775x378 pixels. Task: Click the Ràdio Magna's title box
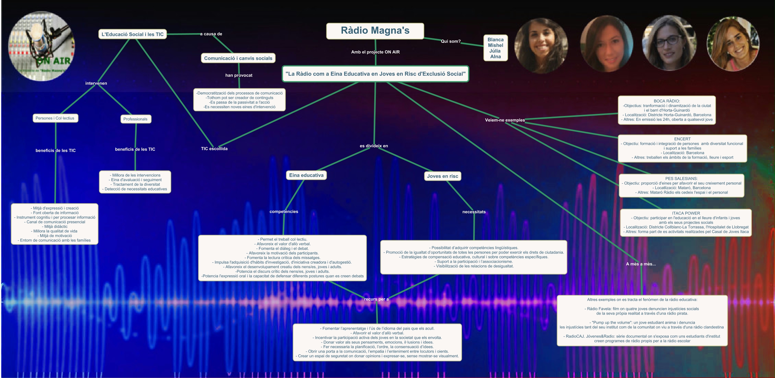pyautogui.click(x=375, y=31)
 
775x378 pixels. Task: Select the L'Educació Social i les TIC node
pyautogui.click(x=132, y=34)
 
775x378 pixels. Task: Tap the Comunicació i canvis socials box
pyautogui.click(x=238, y=58)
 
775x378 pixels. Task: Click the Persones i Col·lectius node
pyautogui.click(x=55, y=118)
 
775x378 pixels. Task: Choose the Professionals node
pyautogui.click(x=135, y=119)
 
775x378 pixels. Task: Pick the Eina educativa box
pyautogui.click(x=306, y=175)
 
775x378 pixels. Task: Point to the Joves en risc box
pyautogui.click(x=442, y=176)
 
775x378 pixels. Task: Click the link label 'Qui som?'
pyautogui.click(x=450, y=41)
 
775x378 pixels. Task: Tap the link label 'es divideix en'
pyautogui.click(x=374, y=146)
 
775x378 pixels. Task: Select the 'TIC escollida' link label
pyautogui.click(x=214, y=149)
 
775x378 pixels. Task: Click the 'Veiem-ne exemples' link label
pyautogui.click(x=505, y=120)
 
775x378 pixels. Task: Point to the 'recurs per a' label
pyautogui.click(x=376, y=299)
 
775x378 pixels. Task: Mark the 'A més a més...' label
pyautogui.click(x=641, y=264)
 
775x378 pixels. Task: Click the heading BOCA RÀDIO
pyautogui.click(x=667, y=101)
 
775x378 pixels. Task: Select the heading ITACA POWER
pyautogui.click(x=686, y=213)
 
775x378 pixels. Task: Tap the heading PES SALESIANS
pyautogui.click(x=681, y=179)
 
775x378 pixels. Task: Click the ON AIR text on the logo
pyautogui.click(x=54, y=61)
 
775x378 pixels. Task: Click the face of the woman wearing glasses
pyautogui.click(x=670, y=44)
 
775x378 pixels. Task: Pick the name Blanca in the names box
pyautogui.click(x=495, y=40)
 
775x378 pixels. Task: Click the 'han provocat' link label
pyautogui.click(x=239, y=75)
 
